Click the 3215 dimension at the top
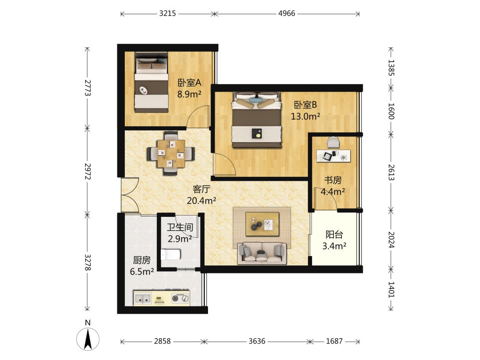168,13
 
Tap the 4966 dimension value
287,13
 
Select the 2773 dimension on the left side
88,88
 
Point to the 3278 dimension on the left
88,262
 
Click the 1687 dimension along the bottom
334,341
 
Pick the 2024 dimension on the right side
391,240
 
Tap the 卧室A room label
189,83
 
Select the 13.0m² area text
305,116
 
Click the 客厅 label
201,189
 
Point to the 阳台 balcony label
334,235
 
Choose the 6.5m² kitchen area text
142,271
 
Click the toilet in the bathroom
171,254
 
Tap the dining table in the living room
171,154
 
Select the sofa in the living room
262,253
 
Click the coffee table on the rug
262,224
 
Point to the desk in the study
333,156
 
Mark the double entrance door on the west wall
130,195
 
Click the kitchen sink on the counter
143,298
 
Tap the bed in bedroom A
152,82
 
